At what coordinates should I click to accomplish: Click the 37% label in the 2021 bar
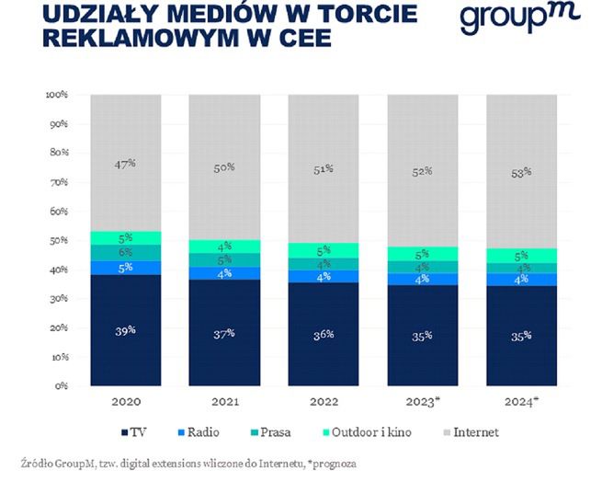[x=224, y=333]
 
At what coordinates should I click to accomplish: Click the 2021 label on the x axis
[x=223, y=401]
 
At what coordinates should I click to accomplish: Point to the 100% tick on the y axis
[x=57, y=95]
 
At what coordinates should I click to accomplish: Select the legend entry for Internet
[x=471, y=430]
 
